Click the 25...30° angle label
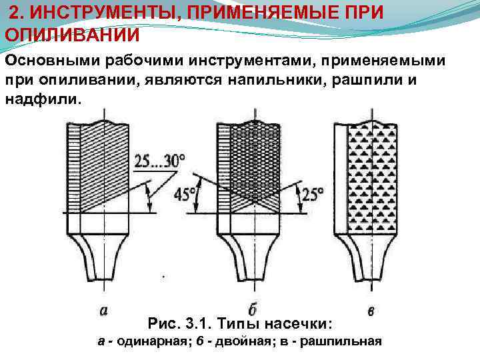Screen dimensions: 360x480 pos(160,161)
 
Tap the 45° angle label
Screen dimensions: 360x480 pos(185,195)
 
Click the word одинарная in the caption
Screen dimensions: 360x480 pos(148,341)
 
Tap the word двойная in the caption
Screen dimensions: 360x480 pos(253,341)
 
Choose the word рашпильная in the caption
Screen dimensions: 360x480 pos(347,341)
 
